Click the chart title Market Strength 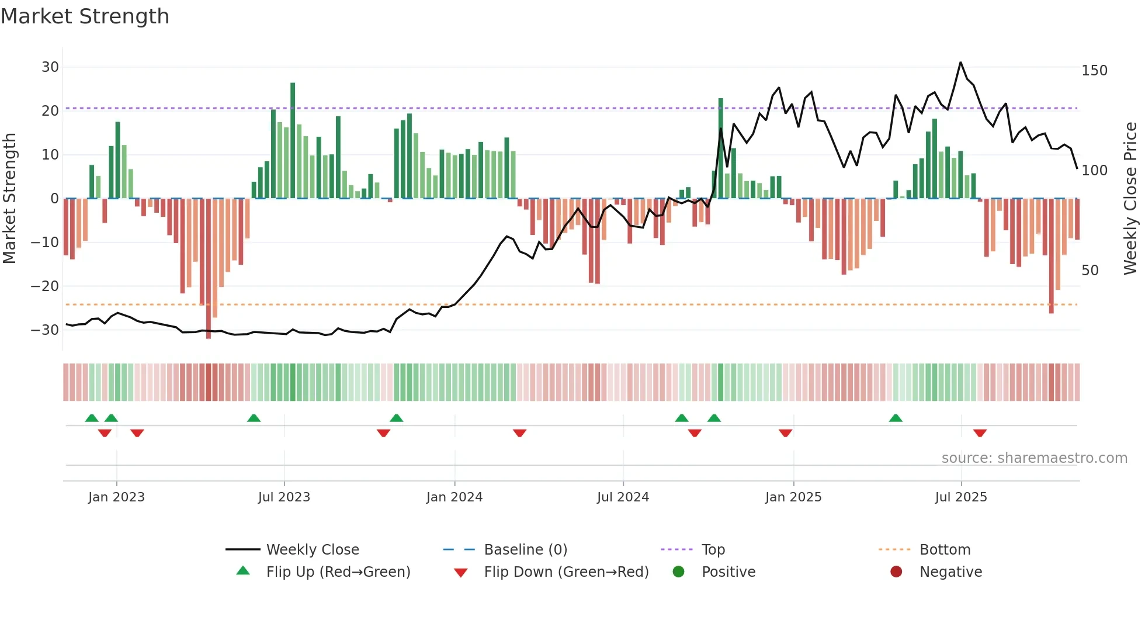[85, 16]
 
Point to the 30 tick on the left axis [50, 67]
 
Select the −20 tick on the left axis [45, 286]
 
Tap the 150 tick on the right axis [1094, 71]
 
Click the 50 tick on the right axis [1090, 271]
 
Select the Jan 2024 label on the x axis [454, 497]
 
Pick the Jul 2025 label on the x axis [961, 497]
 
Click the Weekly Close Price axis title [1130, 199]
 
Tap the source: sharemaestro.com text [1034, 458]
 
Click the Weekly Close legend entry [313, 550]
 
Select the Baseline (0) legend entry [525, 550]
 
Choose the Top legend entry [713, 550]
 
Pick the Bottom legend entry [945, 550]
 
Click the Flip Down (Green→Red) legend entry [566, 572]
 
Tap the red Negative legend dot [896, 572]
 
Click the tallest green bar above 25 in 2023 [293, 140]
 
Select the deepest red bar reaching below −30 [209, 269]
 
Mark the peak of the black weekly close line [960, 63]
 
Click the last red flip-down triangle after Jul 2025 [980, 433]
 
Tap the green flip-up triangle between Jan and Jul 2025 [896, 418]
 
